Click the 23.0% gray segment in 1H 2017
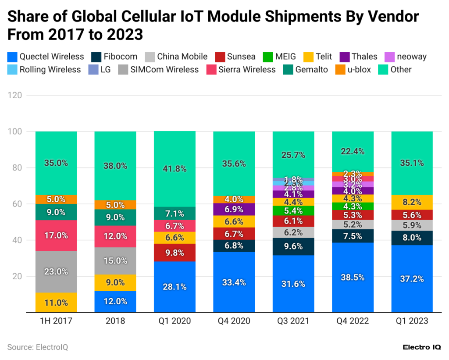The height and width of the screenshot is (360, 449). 56,271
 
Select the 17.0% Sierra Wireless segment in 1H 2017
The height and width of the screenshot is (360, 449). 56,235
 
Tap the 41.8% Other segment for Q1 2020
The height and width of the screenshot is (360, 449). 175,169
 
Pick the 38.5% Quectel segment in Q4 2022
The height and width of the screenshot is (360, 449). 353,278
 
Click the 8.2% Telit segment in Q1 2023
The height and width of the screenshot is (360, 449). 412,202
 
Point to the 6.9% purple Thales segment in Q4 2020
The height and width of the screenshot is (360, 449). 234,209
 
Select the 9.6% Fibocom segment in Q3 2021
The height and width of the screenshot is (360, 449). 293,246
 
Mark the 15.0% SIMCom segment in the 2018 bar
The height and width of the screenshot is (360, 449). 115,260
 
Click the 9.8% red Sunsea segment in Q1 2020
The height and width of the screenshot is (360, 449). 175,252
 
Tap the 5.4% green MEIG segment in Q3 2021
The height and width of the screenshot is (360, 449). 293,210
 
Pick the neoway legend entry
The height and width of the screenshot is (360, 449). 405,56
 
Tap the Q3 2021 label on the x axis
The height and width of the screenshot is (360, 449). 293,321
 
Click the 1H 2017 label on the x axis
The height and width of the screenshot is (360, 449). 56,321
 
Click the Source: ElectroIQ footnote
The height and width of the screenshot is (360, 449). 38,347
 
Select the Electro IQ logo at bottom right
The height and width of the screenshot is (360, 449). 421,347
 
